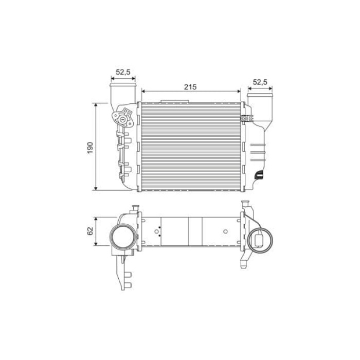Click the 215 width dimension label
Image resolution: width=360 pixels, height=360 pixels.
coord(190,87)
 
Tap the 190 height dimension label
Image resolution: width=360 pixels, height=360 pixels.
coord(90,148)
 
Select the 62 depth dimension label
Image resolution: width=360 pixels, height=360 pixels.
coord(90,231)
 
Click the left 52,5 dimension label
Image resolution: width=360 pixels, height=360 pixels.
coord(123,72)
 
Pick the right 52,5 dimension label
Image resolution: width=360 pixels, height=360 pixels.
coord(260,82)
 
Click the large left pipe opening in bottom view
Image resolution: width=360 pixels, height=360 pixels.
coord(122,237)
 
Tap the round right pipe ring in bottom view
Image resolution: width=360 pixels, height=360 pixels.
coord(260,241)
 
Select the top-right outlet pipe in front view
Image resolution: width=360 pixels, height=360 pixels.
coord(260,108)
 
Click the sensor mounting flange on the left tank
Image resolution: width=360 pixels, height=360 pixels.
coord(123,118)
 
